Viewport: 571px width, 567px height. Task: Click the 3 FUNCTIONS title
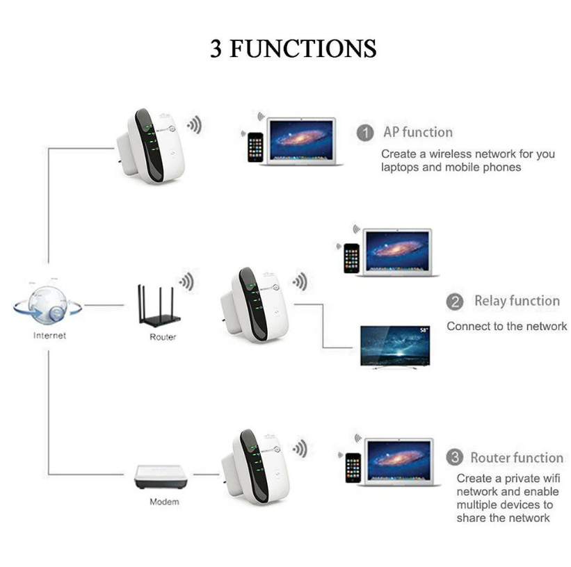pyautogui.click(x=293, y=49)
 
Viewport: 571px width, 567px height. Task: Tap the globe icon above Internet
pyautogui.click(x=48, y=305)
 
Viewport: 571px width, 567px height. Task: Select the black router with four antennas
pyautogui.click(x=159, y=306)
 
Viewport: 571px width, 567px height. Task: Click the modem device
pyautogui.click(x=161, y=477)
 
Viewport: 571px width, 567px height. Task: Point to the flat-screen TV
pyautogui.click(x=395, y=347)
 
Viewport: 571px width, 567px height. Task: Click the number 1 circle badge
pyautogui.click(x=365, y=133)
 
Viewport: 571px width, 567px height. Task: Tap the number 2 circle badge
pyautogui.click(x=455, y=302)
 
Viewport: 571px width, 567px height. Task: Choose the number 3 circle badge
pyautogui.click(x=455, y=457)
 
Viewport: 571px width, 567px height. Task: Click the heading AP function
pyautogui.click(x=418, y=132)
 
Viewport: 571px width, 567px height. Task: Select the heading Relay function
pyautogui.click(x=517, y=301)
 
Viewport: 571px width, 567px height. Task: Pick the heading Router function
pyautogui.click(x=517, y=457)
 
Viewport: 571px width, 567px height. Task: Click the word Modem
pyautogui.click(x=164, y=502)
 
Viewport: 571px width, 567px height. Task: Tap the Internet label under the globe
pyautogui.click(x=49, y=336)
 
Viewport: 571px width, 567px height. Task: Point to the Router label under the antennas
pyautogui.click(x=163, y=337)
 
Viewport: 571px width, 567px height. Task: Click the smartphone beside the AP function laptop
pyautogui.click(x=255, y=147)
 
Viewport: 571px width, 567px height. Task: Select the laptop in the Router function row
pyautogui.click(x=399, y=462)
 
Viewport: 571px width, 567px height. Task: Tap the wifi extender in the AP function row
pyautogui.click(x=150, y=147)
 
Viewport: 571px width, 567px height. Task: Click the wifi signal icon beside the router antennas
pyautogui.click(x=187, y=281)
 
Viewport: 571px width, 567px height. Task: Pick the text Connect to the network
pyautogui.click(x=507, y=327)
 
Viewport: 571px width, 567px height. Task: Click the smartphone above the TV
pyautogui.click(x=351, y=258)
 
